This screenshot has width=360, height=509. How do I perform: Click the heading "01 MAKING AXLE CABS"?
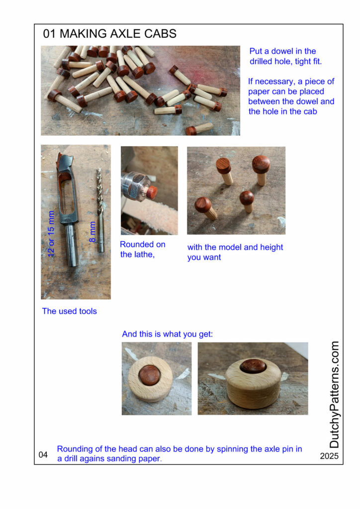[x=110, y=34]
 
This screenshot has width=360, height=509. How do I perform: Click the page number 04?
[x=43, y=454]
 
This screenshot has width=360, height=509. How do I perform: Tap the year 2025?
[x=329, y=456]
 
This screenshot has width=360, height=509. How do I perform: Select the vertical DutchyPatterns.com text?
[x=334, y=394]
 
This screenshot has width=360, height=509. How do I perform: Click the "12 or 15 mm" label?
[x=51, y=234]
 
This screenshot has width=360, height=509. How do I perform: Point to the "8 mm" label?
[x=92, y=232]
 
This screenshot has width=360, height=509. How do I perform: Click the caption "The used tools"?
[x=70, y=311]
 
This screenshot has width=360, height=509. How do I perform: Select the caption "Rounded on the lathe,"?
[x=143, y=250]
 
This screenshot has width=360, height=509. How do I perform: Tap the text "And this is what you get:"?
[x=168, y=334]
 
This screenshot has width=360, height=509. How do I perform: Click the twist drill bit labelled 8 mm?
[x=100, y=209]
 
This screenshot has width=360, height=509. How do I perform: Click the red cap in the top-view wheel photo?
[x=150, y=375]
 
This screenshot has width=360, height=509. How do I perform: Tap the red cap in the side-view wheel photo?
[x=253, y=366]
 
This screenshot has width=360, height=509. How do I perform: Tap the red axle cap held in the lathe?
[x=151, y=192]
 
